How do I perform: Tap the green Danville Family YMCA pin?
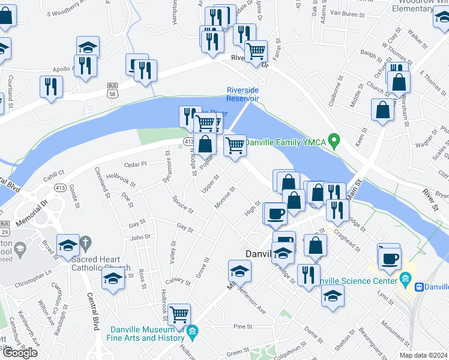336,142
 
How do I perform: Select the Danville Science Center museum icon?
405,280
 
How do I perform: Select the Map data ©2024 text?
423,355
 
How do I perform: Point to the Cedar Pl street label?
134,164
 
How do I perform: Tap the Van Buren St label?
347,12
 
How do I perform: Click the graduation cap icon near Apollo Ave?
88,46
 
